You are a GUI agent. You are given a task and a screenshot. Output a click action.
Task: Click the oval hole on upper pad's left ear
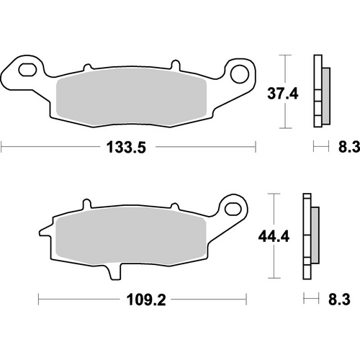pos(29,71)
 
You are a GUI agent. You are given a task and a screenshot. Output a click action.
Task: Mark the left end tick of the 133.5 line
pos(1,148)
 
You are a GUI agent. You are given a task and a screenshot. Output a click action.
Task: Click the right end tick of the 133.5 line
pos(256,148)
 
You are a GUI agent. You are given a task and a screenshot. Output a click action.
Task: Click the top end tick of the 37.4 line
pos(287,55)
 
